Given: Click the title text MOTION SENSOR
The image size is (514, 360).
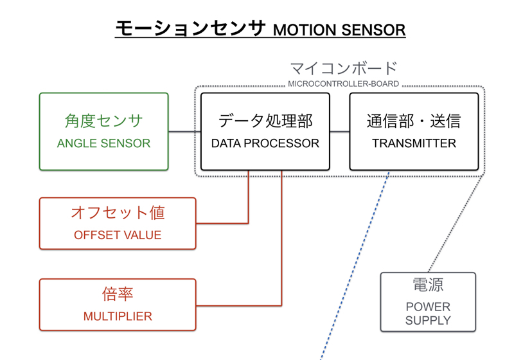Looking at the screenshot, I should pyautogui.click(x=339, y=30).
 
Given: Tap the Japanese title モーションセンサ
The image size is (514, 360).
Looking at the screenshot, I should pyautogui.click(x=190, y=28).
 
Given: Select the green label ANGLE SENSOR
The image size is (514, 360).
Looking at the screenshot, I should pyautogui.click(x=103, y=143).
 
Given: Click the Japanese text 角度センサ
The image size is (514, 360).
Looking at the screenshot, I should pyautogui.click(x=103, y=121).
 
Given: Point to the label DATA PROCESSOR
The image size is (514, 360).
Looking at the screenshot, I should pyautogui.click(x=265, y=143).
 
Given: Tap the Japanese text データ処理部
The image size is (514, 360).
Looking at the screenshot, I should pyautogui.click(x=265, y=121).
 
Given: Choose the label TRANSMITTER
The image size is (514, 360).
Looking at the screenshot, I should pyautogui.click(x=414, y=143).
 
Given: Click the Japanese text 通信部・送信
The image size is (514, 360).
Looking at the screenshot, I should pyautogui.click(x=414, y=121).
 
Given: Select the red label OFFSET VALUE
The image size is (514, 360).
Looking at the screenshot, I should pyautogui.click(x=118, y=235).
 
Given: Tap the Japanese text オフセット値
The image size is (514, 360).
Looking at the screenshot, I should pyautogui.click(x=118, y=213).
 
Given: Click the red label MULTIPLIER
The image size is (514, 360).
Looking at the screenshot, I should pyautogui.click(x=118, y=316).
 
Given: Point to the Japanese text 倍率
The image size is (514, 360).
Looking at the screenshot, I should pyautogui.click(x=118, y=294).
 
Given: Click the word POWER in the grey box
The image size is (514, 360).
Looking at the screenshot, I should pyautogui.click(x=428, y=307).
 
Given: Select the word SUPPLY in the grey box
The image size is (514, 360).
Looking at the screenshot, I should pyautogui.click(x=428, y=320).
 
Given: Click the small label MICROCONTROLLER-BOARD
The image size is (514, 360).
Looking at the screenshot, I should pyautogui.click(x=343, y=84).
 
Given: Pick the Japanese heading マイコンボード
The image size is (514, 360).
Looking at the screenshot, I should pyautogui.click(x=343, y=68).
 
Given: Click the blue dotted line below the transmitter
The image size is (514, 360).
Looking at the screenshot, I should pyautogui.click(x=357, y=264).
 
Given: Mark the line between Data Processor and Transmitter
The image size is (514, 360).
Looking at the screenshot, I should pyautogui.click(x=340, y=132).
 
